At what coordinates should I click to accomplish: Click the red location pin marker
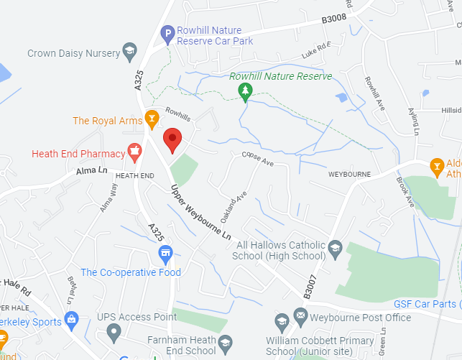tap(172, 139)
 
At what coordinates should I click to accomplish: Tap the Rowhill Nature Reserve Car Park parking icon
tap(167, 32)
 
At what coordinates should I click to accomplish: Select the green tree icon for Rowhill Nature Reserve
tap(246, 91)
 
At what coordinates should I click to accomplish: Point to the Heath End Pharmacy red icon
tap(134, 152)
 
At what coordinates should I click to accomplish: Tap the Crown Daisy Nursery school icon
tap(129, 50)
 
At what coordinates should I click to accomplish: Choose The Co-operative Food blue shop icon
tap(166, 254)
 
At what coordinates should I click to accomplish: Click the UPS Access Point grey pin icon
tap(114, 333)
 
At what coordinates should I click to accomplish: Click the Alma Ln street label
tap(91, 171)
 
